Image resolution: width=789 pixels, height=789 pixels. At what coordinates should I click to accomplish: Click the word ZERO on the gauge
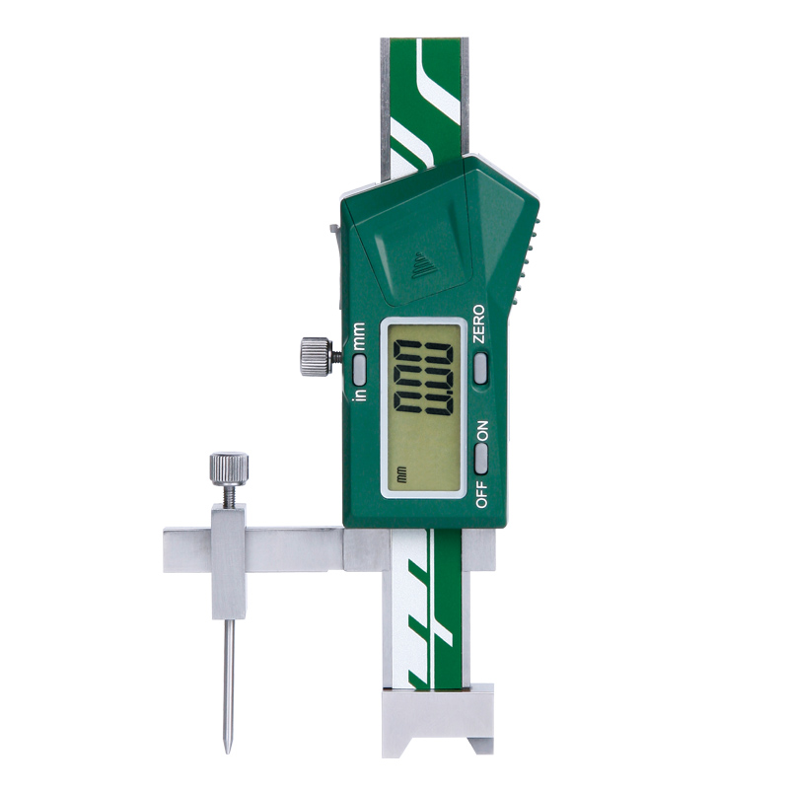[478, 323]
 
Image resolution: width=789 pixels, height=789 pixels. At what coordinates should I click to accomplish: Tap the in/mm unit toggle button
[359, 368]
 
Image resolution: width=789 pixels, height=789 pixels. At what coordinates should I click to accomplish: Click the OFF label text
[482, 491]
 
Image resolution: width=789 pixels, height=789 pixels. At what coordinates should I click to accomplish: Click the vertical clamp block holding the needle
[228, 557]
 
